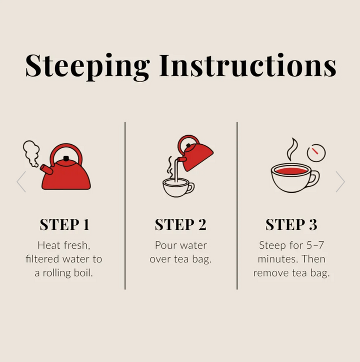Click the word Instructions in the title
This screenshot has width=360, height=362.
248,65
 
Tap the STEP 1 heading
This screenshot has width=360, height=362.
64,224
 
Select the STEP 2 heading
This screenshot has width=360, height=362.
180,224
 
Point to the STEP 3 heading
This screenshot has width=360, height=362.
291,224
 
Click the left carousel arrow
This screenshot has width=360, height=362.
21,182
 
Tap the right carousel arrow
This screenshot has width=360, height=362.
340,182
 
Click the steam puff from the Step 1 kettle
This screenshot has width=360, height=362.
31,153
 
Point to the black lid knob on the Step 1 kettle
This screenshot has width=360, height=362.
66,158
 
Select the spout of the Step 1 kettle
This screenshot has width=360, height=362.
46,170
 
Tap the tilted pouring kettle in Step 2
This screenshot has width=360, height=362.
195,153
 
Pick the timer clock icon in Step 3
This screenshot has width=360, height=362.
316,153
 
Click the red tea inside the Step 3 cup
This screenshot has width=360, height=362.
291,171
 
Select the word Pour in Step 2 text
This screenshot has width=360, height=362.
164,245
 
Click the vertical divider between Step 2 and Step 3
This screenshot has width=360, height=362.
237,206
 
